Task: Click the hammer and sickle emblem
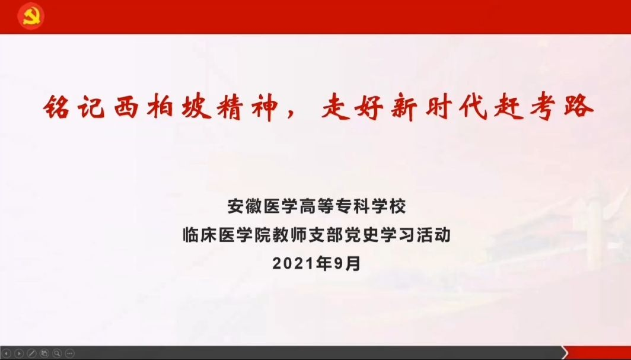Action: [x=31, y=16]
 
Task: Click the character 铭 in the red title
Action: [x=57, y=107]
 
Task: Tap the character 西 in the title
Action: [x=126, y=107]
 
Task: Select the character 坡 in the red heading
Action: [x=195, y=107]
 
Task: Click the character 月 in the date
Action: [x=353, y=264]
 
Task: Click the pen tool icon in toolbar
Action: [x=32, y=353]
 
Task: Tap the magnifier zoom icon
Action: [x=57, y=353]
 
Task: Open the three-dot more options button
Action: [x=69, y=353]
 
